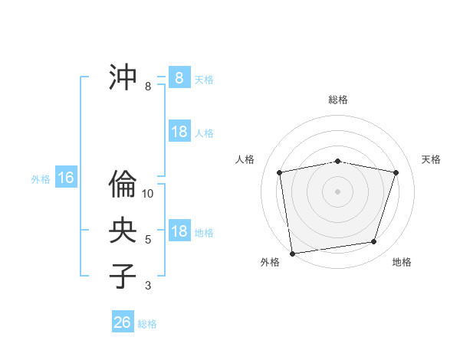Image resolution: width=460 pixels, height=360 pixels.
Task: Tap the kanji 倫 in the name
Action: pyautogui.click(x=123, y=184)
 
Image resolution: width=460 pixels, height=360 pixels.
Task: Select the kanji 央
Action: pyautogui.click(x=123, y=229)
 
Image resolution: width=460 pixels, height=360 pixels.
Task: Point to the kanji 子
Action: pyautogui.click(x=123, y=275)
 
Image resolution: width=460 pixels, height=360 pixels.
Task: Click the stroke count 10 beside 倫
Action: pyautogui.click(x=148, y=194)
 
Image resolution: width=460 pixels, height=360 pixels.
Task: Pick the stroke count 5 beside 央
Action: pyautogui.click(x=148, y=240)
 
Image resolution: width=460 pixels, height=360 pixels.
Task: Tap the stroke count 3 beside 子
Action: pyautogui.click(x=148, y=286)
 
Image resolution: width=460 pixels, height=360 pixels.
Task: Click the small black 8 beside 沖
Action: pyautogui.click(x=148, y=87)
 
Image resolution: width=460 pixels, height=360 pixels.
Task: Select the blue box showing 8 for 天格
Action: pyautogui.click(x=179, y=78)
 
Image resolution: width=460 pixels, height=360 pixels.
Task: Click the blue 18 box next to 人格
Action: pyautogui.click(x=179, y=132)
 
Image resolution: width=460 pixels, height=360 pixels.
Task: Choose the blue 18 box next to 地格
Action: pyautogui.click(x=179, y=231)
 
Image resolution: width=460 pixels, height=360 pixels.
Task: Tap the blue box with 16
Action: pyautogui.click(x=65, y=178)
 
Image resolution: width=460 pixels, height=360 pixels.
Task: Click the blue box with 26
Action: pyautogui.click(x=122, y=322)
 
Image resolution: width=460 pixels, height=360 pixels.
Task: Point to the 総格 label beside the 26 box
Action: pyautogui.click(x=147, y=324)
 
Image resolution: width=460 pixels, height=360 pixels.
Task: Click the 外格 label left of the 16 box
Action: pyautogui.click(x=41, y=179)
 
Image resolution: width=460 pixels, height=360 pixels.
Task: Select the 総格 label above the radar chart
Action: pyautogui.click(x=338, y=100)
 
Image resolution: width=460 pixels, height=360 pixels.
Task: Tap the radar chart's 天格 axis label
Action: pyautogui.click(x=431, y=159)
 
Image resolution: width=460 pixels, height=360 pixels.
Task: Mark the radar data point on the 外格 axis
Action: pyautogui.click(x=292, y=253)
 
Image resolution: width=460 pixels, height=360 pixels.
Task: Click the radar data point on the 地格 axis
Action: pyautogui.click(x=374, y=242)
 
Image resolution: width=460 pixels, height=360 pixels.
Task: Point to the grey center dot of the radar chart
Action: pyautogui.click(x=338, y=191)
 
